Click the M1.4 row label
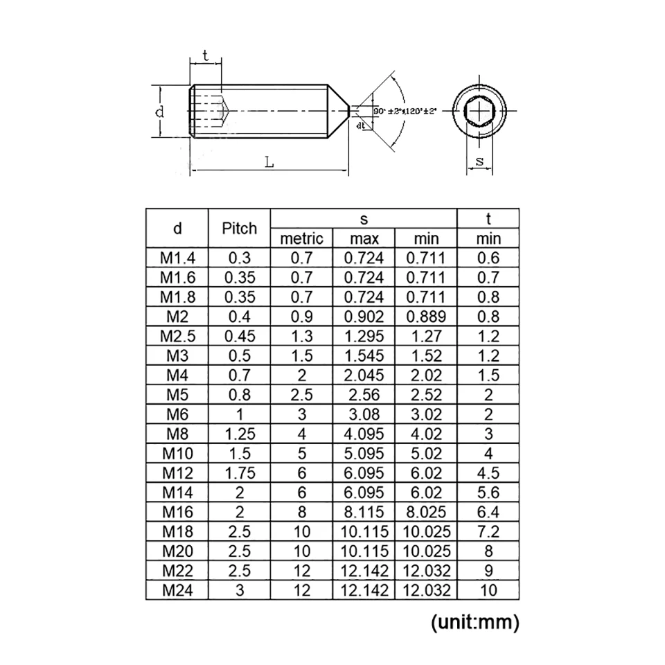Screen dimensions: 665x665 [178, 258]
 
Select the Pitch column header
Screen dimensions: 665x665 [239, 228]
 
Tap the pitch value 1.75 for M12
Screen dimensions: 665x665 [239, 473]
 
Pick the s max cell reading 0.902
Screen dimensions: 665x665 [364, 317]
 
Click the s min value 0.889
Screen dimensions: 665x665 [426, 317]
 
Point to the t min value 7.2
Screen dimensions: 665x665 [488, 532]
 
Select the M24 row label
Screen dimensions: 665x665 [178, 591]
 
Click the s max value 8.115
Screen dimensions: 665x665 [364, 513]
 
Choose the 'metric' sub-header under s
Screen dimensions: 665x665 [301, 238]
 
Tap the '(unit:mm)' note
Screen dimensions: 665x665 [475, 622]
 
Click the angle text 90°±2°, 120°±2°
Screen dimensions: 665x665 [405, 111]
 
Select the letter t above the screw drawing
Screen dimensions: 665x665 [206, 56]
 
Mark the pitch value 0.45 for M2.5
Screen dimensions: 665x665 [239, 336]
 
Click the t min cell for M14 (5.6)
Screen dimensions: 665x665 [488, 493]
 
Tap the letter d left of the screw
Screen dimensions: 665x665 [159, 112]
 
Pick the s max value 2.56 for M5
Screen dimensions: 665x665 [364, 395]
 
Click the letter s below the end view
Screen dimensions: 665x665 [479, 161]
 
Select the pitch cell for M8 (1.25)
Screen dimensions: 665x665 [239, 434]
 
